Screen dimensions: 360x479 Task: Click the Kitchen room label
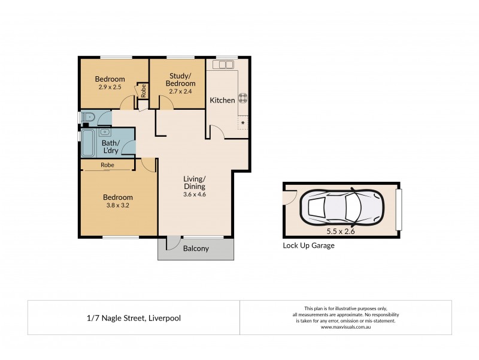(x=222, y=100)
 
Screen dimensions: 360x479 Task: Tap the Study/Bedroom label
(x=180, y=79)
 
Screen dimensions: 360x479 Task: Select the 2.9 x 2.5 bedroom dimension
(x=110, y=88)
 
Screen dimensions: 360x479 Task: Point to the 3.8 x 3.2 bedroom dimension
(x=117, y=205)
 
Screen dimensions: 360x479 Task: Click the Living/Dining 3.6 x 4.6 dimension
(x=195, y=194)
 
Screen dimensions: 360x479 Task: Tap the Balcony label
(x=196, y=248)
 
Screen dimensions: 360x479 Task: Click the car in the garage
(x=343, y=207)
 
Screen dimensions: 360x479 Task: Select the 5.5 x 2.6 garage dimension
(x=341, y=230)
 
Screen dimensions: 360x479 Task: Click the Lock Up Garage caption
(x=308, y=246)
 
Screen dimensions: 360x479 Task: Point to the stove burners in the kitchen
(x=243, y=98)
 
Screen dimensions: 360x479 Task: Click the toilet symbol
(x=87, y=117)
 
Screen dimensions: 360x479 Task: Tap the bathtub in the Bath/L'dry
(x=87, y=142)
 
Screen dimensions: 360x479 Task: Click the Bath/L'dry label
(x=110, y=147)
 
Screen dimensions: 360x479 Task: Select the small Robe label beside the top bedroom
(x=144, y=91)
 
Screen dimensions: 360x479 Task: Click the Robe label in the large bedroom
(x=108, y=165)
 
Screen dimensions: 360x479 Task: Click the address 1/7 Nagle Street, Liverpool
(x=134, y=318)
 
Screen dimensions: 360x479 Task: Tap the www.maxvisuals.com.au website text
(x=345, y=327)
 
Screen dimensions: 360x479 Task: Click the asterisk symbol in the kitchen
(x=243, y=124)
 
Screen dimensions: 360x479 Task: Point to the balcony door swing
(x=171, y=243)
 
